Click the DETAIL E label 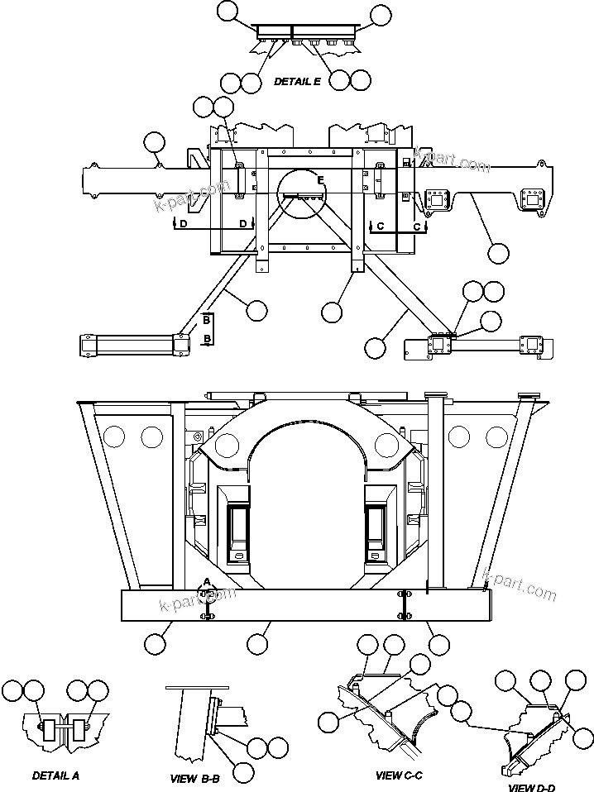297,81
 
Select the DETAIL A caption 56,775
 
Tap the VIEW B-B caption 194,779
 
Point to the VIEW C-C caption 400,775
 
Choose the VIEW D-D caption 533,787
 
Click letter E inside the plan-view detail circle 319,180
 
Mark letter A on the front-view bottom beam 208,581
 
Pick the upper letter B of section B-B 206,319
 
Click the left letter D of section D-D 184,224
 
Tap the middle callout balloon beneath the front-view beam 258,643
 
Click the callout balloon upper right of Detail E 381,14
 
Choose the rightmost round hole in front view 495,436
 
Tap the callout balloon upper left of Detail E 228,11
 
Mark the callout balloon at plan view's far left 154,144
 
